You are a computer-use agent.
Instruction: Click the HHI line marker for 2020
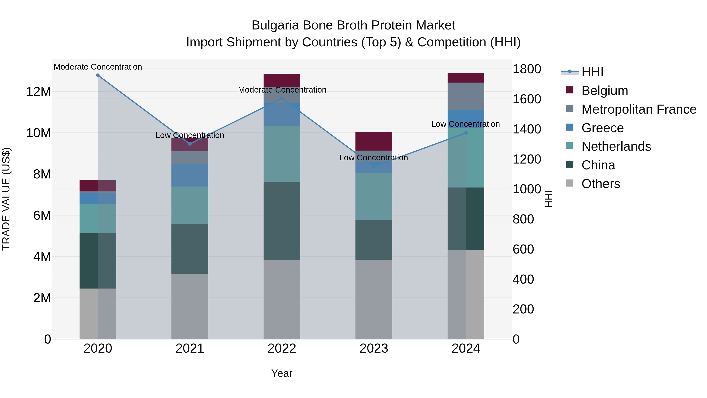(98, 75)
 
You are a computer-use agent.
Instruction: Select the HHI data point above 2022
(282, 98)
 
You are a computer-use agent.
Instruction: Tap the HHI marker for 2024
(466, 133)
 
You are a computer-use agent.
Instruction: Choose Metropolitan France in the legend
(639, 109)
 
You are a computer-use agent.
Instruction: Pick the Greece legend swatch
(570, 127)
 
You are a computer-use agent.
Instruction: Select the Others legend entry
(601, 184)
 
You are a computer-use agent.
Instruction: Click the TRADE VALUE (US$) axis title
(6, 199)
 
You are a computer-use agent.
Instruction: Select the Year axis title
(282, 373)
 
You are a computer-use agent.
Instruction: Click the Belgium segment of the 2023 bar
(374, 141)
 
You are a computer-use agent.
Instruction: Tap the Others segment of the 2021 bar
(190, 306)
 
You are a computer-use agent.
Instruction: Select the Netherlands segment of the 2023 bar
(374, 196)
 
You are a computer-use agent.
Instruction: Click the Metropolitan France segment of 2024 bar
(466, 96)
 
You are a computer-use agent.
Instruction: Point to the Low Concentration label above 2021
(190, 135)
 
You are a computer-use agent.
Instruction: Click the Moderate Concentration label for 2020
(98, 67)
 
